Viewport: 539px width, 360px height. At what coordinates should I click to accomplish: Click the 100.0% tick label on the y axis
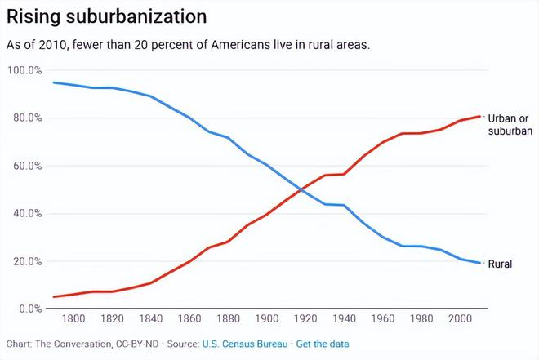pos(24,71)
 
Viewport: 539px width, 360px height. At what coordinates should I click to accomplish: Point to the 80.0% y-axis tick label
pos(25,118)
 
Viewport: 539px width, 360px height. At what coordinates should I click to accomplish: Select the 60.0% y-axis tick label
pos(25,167)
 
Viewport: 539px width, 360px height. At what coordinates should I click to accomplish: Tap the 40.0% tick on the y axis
pos(25,214)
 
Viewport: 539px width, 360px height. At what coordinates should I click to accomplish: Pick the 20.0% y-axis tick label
pos(25,262)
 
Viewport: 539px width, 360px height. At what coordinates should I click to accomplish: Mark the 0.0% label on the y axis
pos(28,309)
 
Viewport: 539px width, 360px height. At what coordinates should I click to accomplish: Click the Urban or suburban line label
pos(510,125)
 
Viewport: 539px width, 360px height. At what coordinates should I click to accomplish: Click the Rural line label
pos(500,264)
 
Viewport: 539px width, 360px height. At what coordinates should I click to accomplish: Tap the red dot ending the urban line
pos(479,116)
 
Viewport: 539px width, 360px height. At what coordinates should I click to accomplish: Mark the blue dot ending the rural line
pos(479,263)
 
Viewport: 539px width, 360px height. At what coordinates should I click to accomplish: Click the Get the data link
pos(322,344)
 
